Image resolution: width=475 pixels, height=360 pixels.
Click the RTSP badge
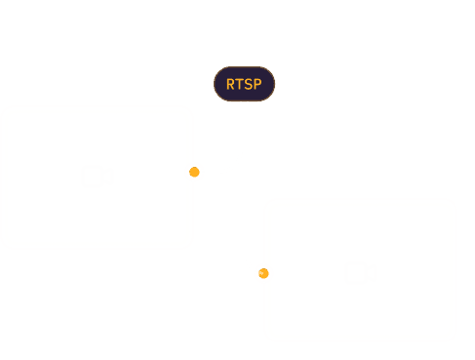[245, 84]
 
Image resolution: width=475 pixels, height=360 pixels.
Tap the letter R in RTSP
[231, 84]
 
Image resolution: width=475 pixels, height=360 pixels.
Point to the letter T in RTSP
[240, 84]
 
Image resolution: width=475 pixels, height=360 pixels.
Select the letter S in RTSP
[249, 84]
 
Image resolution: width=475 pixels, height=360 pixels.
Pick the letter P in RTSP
[257, 84]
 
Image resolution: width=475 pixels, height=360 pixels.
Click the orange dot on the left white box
[195, 172]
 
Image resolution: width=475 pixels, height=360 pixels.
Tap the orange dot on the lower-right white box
[262, 273]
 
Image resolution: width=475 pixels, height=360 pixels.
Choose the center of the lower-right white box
[360, 270]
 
